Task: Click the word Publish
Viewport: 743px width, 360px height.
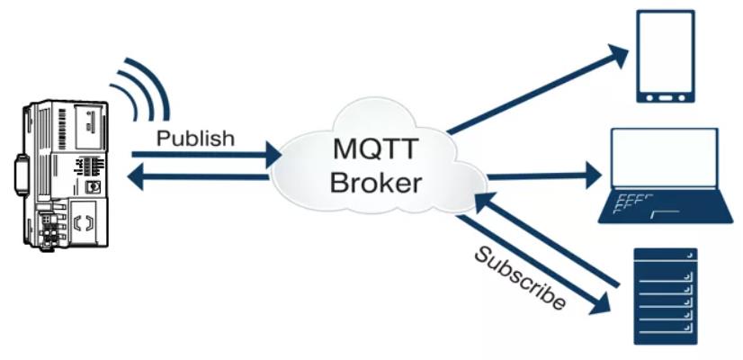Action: (x=195, y=138)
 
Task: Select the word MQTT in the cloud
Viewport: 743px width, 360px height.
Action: (x=376, y=148)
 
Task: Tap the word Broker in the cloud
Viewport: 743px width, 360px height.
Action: (x=376, y=182)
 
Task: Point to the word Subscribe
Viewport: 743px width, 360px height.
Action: (x=519, y=278)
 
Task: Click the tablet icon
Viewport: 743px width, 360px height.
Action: (x=666, y=57)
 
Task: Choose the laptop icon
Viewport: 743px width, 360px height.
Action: (x=666, y=175)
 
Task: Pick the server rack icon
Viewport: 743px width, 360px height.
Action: (x=666, y=296)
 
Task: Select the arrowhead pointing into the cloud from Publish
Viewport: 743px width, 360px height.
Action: (x=273, y=155)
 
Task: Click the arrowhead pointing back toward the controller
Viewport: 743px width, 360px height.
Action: (x=136, y=177)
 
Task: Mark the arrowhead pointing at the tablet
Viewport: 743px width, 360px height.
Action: (x=617, y=55)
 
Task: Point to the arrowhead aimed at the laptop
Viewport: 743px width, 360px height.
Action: (x=594, y=175)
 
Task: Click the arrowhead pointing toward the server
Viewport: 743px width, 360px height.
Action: (x=599, y=304)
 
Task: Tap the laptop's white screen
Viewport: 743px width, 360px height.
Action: (x=665, y=157)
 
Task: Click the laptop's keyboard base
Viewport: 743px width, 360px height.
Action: (x=666, y=206)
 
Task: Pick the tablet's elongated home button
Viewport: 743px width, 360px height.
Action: (x=666, y=99)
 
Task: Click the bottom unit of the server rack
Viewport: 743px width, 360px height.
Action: (x=666, y=337)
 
